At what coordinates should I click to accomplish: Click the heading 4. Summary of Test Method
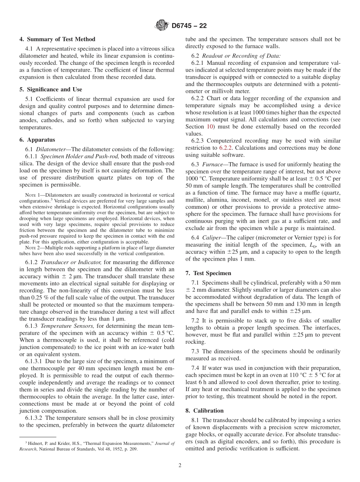click(x=57, y=39)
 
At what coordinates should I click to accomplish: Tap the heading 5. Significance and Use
click(x=51, y=89)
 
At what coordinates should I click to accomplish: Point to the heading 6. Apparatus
click(x=37, y=139)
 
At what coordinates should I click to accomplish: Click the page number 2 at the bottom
click(x=180, y=465)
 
